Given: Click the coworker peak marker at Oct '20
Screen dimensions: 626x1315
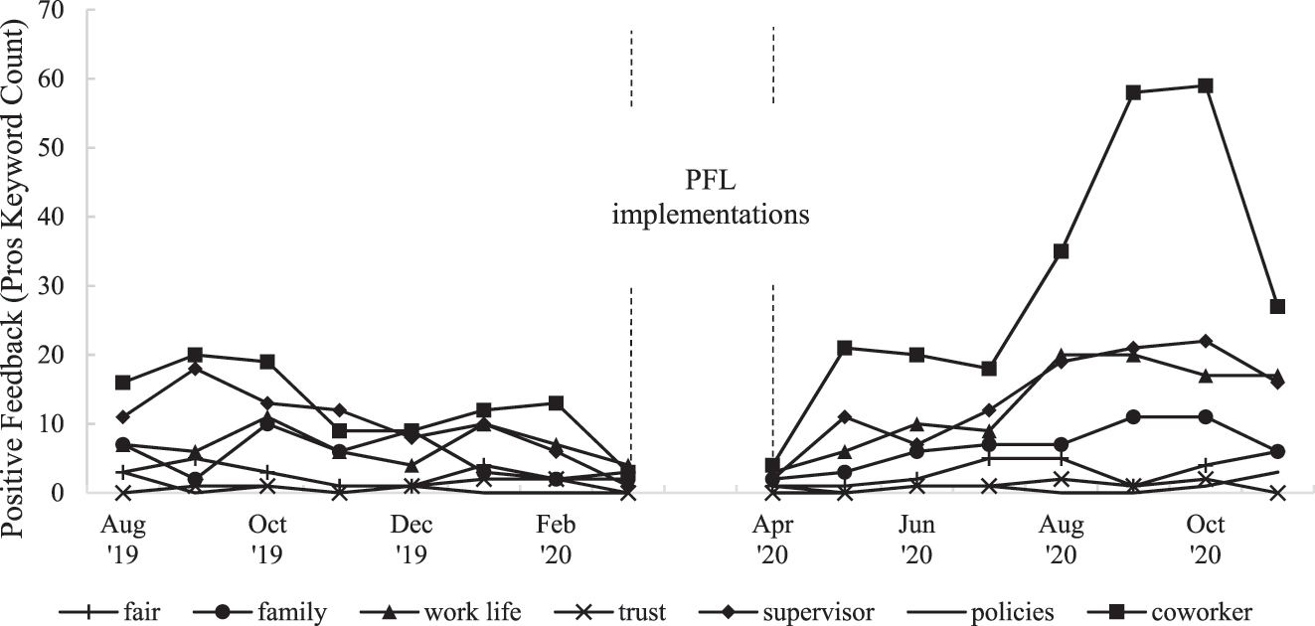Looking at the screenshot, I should pos(1206,85).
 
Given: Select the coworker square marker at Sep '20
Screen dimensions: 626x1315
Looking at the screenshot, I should pos(1133,92).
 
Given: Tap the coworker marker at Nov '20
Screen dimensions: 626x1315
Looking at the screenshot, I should pos(1278,306).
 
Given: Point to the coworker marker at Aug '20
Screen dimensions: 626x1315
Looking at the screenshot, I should pos(1061,251).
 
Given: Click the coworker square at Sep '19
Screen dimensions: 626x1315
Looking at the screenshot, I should pos(195,355).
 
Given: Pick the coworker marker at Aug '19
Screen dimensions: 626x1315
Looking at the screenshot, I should pos(122,383).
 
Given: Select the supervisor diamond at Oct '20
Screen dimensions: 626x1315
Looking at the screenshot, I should pos(1206,341).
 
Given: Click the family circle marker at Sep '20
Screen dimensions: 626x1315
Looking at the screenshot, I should pos(1133,416).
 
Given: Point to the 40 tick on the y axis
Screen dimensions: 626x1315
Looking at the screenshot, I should pos(63,217).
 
